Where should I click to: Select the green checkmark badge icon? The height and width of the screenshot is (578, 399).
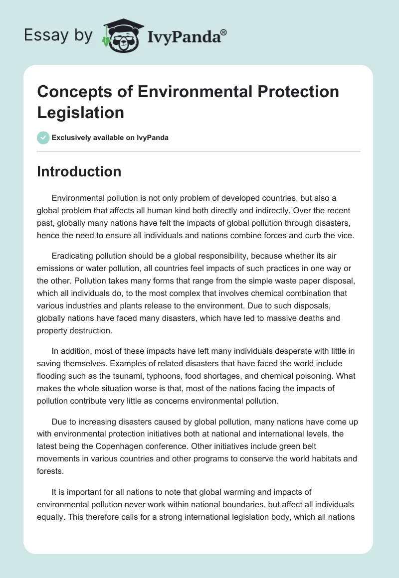(x=43, y=138)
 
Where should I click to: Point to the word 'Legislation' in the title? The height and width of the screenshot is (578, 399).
(x=81, y=112)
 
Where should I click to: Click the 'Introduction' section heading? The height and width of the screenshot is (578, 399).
(x=79, y=171)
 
